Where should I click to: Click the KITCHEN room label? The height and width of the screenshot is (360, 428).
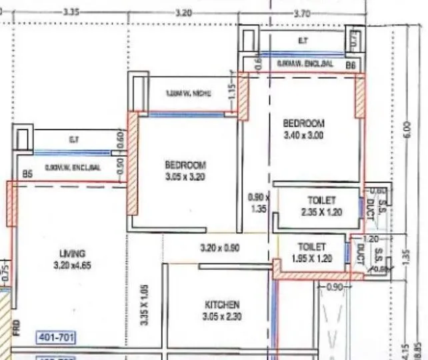point(222,305)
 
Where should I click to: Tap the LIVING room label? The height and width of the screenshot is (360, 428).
point(72,253)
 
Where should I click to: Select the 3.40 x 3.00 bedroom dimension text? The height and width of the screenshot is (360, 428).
point(303,134)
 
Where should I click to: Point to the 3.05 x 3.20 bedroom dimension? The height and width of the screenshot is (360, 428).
point(185,177)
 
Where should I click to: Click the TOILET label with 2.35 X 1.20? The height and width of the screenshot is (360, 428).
point(322,199)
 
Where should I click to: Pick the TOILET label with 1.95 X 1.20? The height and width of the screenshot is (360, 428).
point(312,246)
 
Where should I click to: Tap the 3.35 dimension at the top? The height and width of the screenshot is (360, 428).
point(71,12)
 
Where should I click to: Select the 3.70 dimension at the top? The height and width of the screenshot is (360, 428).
point(301,12)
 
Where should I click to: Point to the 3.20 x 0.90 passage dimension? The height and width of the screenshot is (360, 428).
point(220,248)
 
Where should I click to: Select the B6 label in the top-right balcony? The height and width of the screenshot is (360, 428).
point(350,65)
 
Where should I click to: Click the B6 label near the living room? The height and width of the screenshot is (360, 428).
point(27,173)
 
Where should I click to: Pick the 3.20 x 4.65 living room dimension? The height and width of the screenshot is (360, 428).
point(72,264)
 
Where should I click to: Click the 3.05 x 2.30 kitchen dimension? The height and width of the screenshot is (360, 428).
point(222,316)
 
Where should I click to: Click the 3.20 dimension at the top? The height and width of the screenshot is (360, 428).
point(183,12)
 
